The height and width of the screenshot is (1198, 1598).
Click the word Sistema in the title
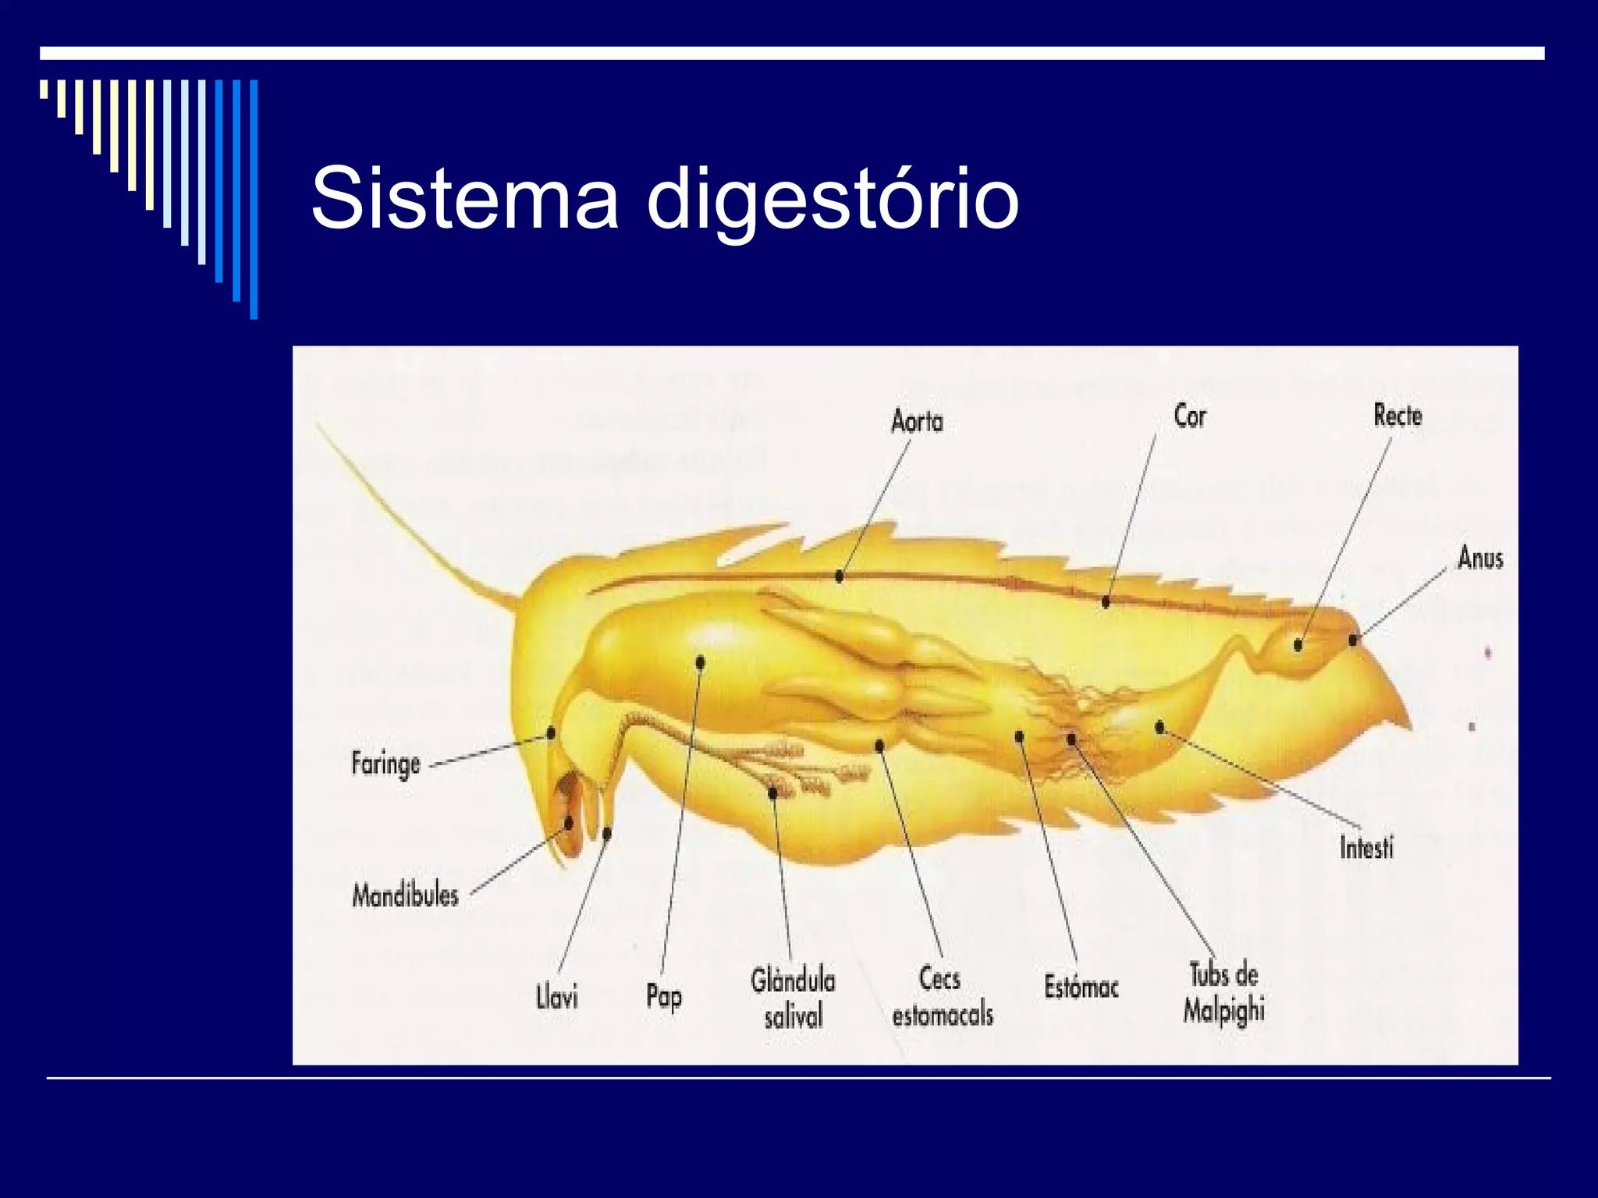(465, 198)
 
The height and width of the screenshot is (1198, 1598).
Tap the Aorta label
(917, 422)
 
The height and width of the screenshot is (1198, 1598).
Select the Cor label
(1190, 416)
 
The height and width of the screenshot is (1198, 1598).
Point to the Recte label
(1397, 416)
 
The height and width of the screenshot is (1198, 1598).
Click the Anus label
(1480, 558)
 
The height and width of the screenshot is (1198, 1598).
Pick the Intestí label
(1366, 847)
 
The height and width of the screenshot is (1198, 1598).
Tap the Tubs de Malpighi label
(1223, 993)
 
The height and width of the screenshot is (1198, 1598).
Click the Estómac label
(1081, 987)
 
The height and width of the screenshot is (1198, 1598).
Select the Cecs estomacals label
(942, 997)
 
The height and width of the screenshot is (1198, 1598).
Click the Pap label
(663, 997)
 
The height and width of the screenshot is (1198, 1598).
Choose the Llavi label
(557, 998)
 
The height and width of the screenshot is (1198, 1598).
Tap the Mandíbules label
(405, 895)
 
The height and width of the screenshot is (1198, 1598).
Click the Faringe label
(385, 764)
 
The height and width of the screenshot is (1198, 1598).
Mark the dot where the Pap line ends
(700, 663)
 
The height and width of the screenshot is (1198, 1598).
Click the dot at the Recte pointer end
(1298, 645)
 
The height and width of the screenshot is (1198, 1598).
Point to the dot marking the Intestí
(1159, 727)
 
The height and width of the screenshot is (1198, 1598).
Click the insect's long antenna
(406, 519)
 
